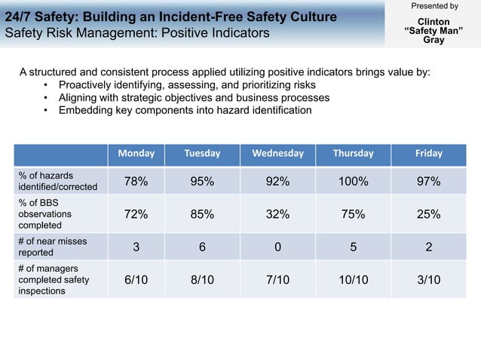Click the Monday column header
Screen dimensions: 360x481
(136, 153)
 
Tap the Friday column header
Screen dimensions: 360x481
(429, 153)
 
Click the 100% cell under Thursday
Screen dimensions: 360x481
(353, 182)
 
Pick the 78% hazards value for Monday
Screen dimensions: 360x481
(136, 182)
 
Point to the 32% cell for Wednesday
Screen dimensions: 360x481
(277, 214)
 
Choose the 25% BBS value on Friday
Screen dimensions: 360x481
(429, 214)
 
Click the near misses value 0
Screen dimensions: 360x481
(277, 246)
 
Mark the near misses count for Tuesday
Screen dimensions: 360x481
(202, 246)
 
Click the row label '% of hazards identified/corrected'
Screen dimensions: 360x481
(57, 181)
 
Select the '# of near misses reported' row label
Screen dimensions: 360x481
(53, 246)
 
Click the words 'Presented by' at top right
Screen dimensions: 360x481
(434, 7)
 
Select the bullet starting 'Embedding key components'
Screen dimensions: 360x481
(185, 110)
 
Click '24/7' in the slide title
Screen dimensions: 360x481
(19, 16)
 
